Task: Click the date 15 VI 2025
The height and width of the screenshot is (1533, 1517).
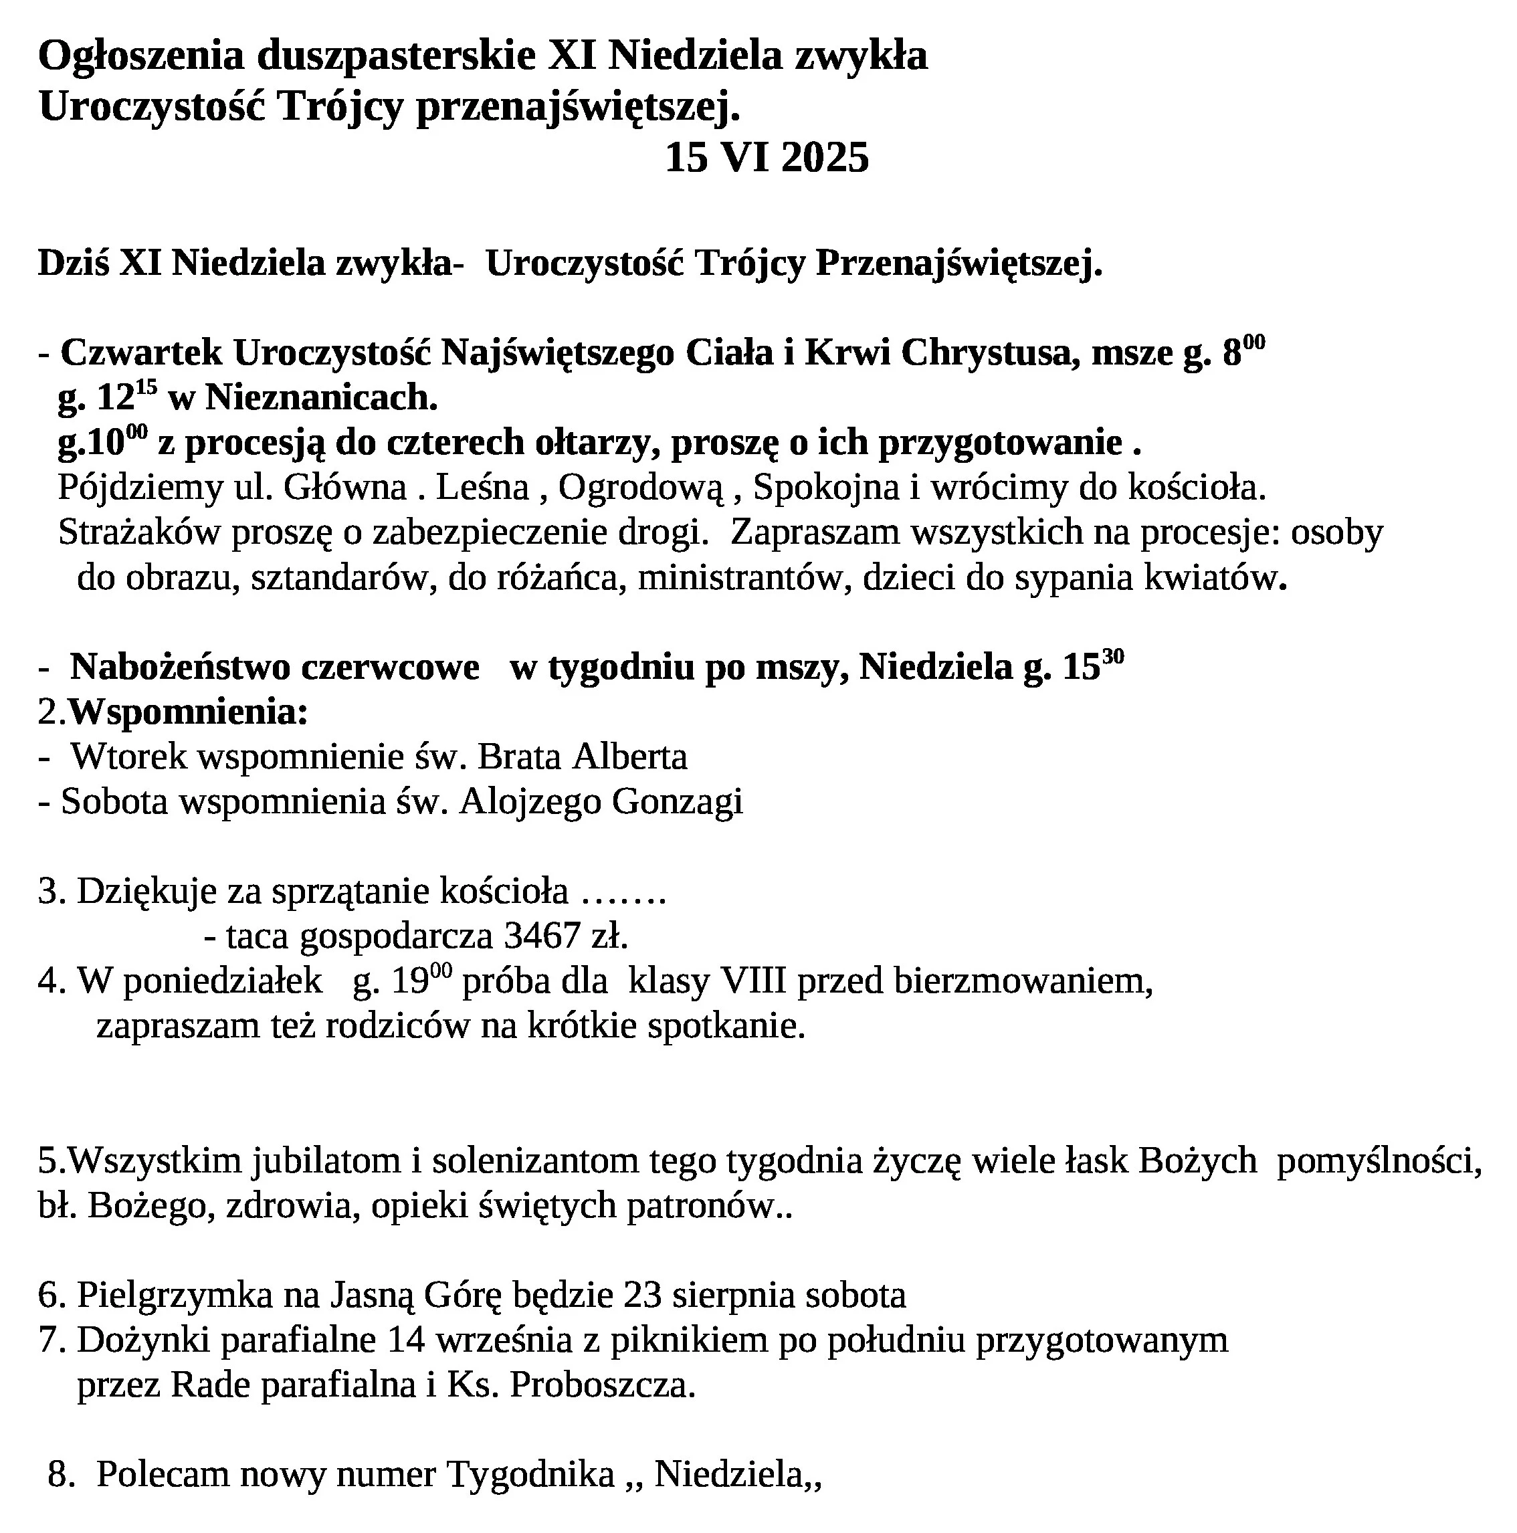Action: (767, 157)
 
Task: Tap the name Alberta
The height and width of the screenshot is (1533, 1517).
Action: (630, 756)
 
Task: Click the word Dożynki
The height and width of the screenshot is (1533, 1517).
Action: (143, 1340)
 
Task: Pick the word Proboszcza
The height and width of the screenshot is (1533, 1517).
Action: (602, 1385)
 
